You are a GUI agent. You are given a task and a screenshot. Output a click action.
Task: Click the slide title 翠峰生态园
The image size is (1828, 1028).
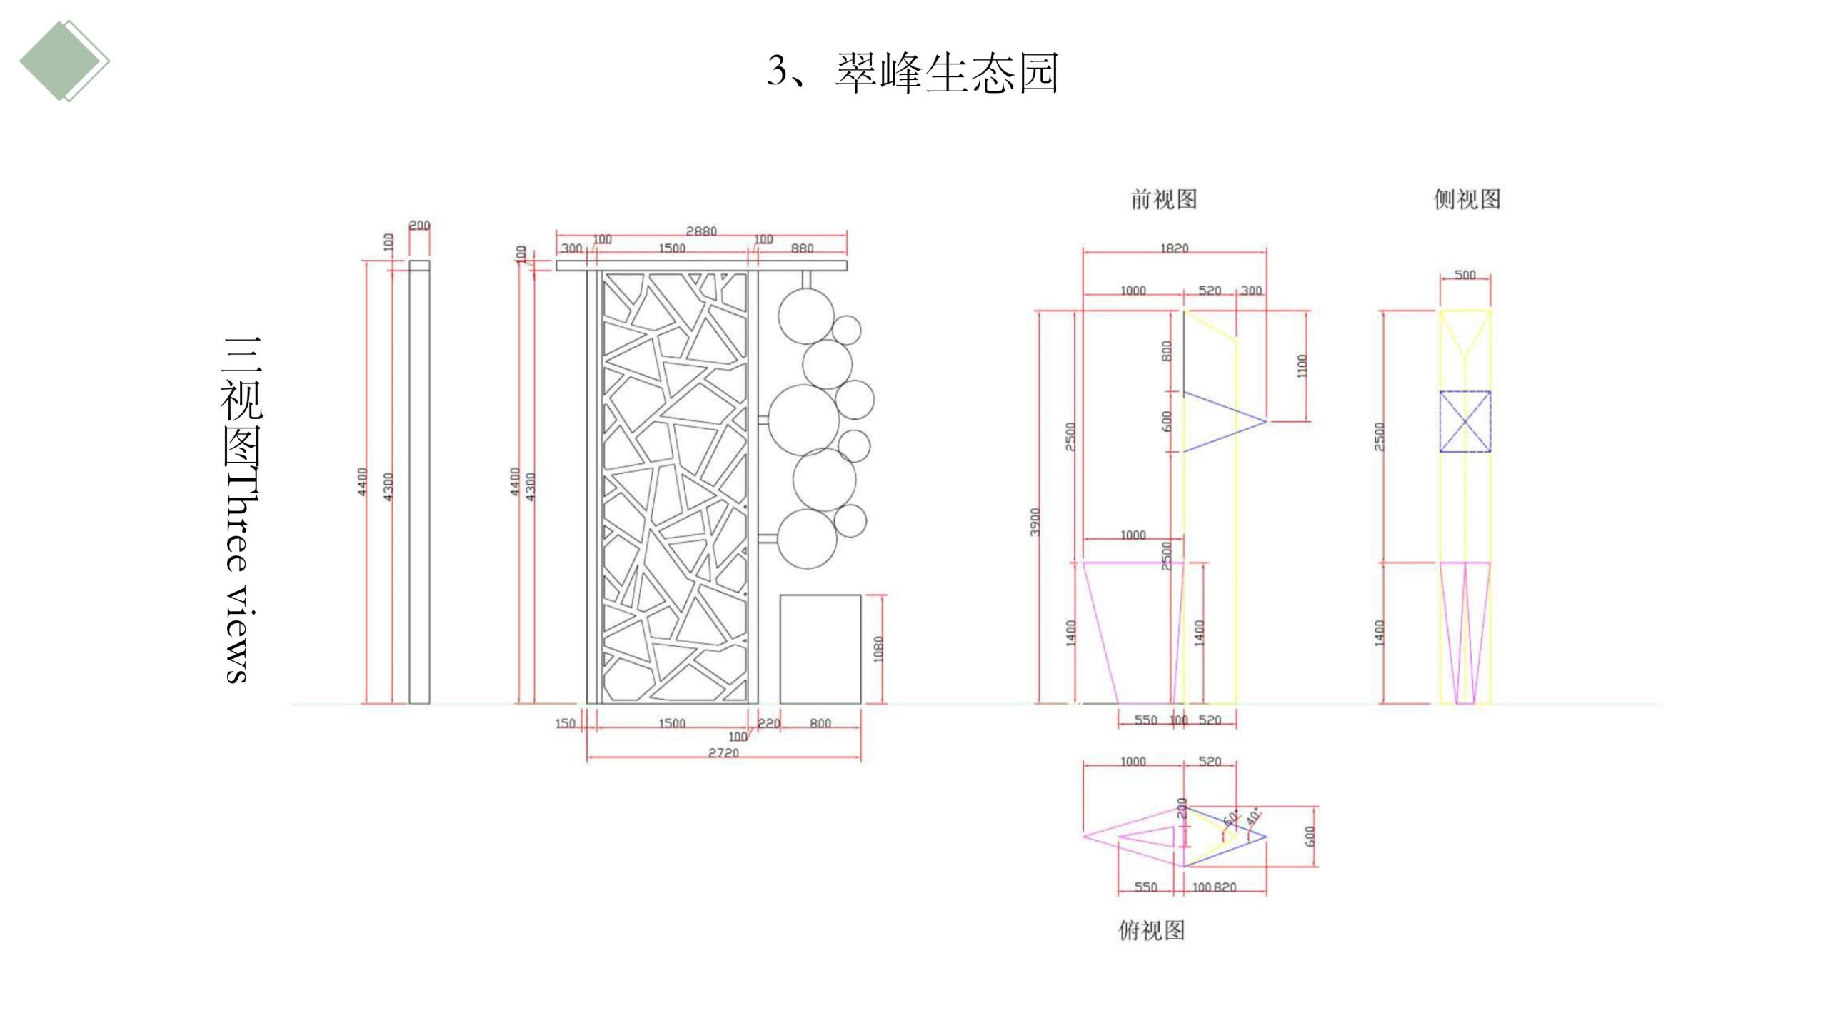click(x=946, y=73)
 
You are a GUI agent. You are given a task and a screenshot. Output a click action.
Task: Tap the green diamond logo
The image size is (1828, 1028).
click(x=64, y=61)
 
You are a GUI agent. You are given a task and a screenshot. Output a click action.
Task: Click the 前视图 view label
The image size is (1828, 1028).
click(x=1163, y=199)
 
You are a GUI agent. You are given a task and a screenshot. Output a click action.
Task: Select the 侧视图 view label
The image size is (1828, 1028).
click(x=1467, y=199)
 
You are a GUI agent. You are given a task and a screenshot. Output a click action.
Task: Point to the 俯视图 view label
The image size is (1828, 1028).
click(x=1151, y=930)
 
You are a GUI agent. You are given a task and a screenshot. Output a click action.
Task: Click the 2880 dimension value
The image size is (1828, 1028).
click(x=700, y=231)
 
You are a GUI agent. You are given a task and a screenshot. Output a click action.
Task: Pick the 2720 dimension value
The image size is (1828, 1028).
click(x=723, y=752)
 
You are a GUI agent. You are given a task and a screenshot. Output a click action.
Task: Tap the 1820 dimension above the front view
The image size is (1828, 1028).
click(x=1174, y=248)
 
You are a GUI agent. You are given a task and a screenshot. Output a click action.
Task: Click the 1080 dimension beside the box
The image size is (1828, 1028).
click(x=878, y=649)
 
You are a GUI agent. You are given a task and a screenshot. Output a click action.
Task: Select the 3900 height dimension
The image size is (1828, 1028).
click(x=1035, y=522)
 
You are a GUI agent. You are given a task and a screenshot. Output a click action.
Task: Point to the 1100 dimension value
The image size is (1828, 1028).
click(x=1302, y=366)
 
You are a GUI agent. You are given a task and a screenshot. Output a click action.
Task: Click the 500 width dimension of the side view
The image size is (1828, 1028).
click(x=1465, y=275)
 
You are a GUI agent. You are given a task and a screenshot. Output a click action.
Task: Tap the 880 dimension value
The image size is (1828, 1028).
click(x=802, y=248)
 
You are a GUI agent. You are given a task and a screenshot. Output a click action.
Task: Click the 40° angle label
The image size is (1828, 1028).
click(x=1253, y=817)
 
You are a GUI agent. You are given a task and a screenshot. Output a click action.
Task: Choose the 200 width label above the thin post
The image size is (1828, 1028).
click(x=419, y=226)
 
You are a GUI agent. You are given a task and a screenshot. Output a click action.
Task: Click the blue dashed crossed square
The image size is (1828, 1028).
click(x=1465, y=421)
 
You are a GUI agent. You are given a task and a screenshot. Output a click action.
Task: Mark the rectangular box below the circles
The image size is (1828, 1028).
click(x=820, y=649)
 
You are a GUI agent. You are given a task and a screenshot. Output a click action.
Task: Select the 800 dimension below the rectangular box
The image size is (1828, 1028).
click(x=820, y=723)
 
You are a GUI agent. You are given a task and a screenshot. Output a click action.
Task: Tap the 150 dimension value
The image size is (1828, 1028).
click(x=565, y=723)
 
